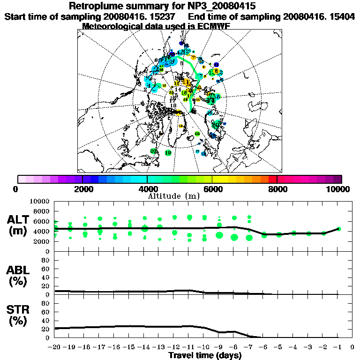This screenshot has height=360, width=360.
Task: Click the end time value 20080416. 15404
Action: tap(319, 16)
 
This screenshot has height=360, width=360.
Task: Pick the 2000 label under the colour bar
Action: tap(82, 189)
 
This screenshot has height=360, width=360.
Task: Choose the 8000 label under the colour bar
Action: tap(277, 189)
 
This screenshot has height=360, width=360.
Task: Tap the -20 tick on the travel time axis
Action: tap(54, 347)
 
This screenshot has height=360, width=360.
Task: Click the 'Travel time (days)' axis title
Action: tap(205, 355)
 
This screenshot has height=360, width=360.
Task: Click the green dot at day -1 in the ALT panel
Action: tap(338, 229)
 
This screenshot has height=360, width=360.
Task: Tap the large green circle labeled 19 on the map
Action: tap(168, 153)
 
